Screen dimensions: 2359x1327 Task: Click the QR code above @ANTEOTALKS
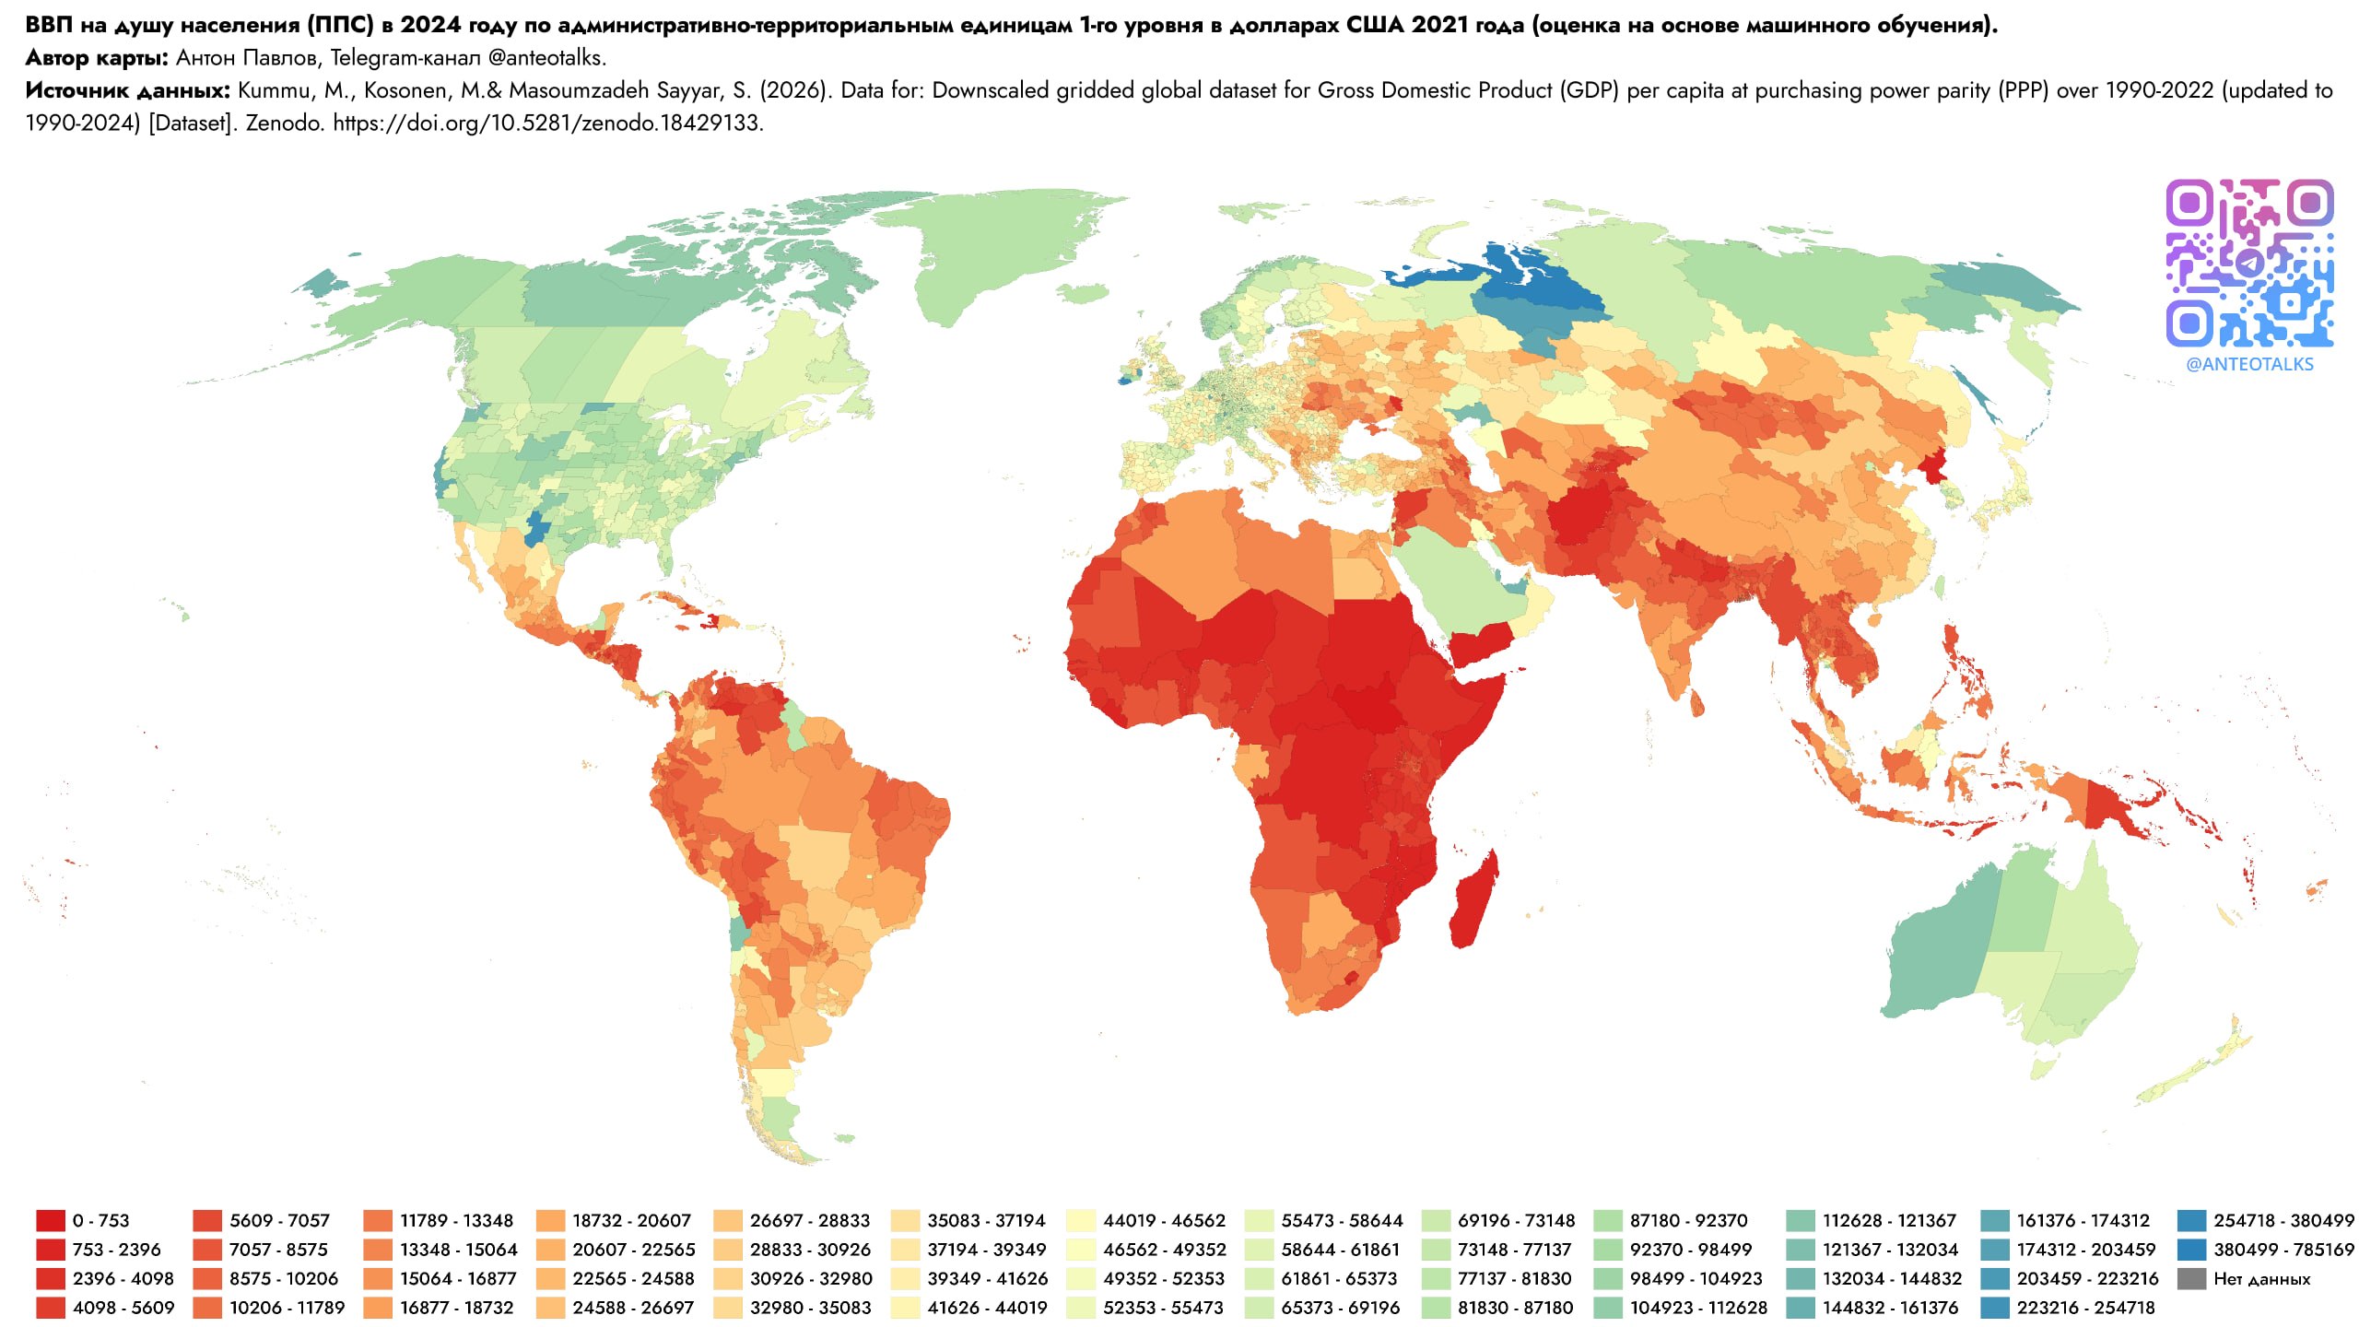click(2249, 264)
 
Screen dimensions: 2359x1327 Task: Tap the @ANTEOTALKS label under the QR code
click(2249, 364)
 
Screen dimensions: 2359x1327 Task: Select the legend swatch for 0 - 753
click(51, 1220)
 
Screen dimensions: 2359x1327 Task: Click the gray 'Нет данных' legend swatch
click(2191, 1278)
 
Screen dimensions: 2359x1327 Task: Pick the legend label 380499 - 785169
click(2283, 1250)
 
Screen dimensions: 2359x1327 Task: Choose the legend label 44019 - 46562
click(1165, 1220)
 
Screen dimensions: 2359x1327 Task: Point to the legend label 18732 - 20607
click(631, 1220)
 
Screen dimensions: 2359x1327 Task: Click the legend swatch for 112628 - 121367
click(1800, 1220)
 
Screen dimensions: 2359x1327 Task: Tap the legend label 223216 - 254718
click(2085, 1308)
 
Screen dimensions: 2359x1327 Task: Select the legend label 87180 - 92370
click(1688, 1220)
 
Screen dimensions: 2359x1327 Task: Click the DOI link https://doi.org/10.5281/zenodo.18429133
click(548, 123)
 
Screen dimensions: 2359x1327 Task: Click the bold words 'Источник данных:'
click(127, 90)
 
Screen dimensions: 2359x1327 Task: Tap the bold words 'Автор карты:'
click(97, 57)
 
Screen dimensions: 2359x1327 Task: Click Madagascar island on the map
click(1473, 898)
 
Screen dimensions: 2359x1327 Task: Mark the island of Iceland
click(1081, 293)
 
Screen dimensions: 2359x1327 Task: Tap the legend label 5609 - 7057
click(279, 1220)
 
